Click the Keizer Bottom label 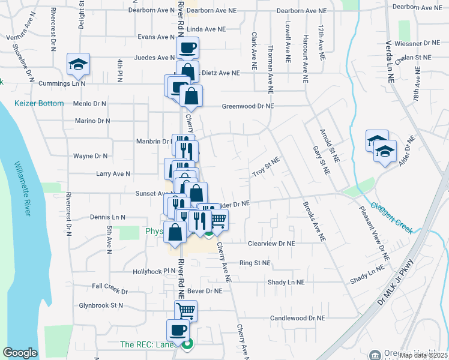(x=40, y=103)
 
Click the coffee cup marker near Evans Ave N (x=187, y=47)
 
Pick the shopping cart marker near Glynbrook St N (x=185, y=311)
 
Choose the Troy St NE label (x=266, y=167)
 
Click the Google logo (x=20, y=352)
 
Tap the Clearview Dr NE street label (x=271, y=244)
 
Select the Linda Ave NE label (x=206, y=29)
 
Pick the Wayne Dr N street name (x=90, y=156)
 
